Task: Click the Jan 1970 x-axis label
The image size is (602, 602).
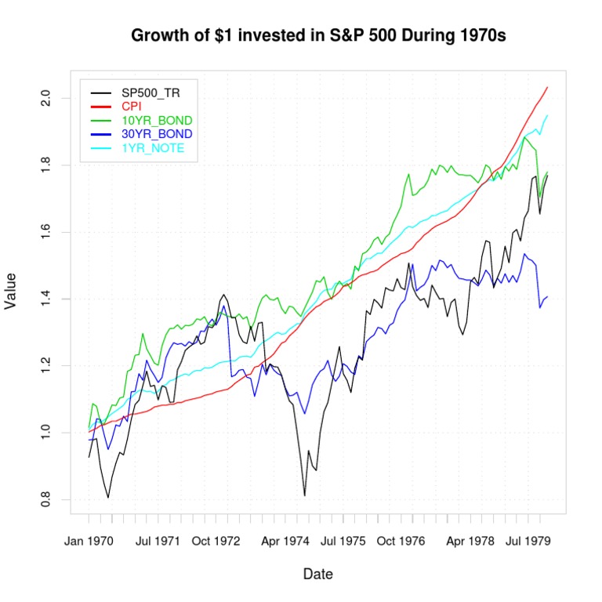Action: click(89, 541)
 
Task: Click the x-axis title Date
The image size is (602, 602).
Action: click(318, 575)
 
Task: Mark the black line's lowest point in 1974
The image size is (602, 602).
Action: click(304, 495)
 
